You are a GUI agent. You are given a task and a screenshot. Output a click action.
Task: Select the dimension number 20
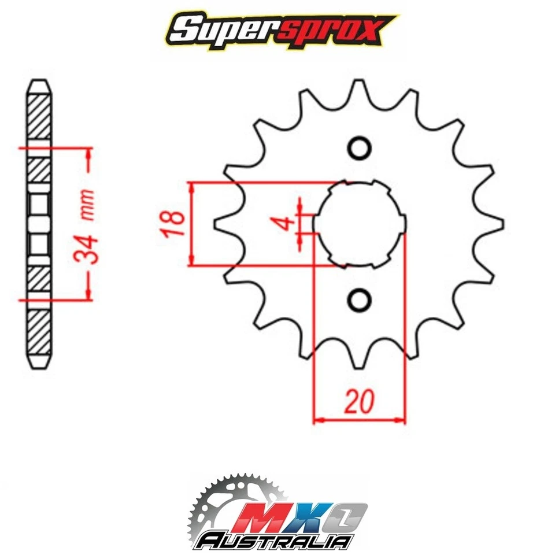(x=358, y=401)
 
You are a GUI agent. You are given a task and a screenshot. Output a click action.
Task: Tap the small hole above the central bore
(x=358, y=149)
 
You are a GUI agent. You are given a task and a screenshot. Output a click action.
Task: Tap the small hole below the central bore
(x=358, y=299)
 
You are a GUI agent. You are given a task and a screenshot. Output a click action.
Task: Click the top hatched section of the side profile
(x=39, y=113)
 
